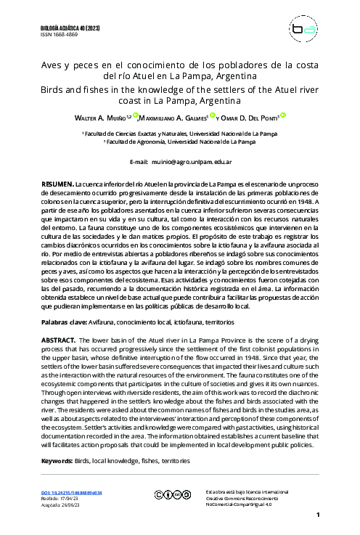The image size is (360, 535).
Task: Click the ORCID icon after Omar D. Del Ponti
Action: point(283,115)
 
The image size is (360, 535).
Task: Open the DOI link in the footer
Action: point(71,492)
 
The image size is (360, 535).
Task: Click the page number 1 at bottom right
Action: point(318,515)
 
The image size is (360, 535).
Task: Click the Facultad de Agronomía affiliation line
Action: point(180,142)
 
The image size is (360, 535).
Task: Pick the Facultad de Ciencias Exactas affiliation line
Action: point(179,135)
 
